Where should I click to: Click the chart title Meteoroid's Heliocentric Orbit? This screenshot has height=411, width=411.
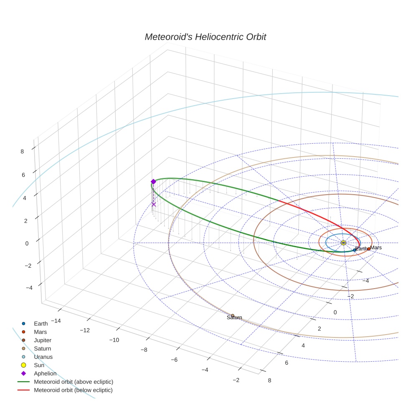click(205, 37)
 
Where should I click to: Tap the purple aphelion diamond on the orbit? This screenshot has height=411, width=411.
click(153, 182)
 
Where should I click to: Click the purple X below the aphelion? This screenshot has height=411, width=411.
click(153, 204)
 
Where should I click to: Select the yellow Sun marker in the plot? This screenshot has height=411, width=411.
click(343, 243)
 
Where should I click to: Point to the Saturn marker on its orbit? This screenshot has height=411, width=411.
click(233, 316)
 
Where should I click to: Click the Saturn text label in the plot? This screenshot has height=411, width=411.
click(234, 318)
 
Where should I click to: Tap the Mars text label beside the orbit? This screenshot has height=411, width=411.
click(376, 248)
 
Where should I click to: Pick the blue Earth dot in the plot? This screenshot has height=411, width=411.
click(355, 250)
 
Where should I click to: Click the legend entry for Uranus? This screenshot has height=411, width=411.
click(43, 357)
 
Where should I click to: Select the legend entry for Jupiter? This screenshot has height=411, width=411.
click(43, 340)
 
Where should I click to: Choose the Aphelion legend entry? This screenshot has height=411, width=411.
click(45, 373)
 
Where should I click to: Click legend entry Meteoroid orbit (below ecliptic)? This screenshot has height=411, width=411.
click(73, 390)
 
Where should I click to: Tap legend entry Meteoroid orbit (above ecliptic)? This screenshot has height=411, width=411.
click(74, 382)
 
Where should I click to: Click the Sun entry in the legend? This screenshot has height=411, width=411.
click(39, 365)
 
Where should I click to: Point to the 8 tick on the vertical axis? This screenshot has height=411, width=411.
click(22, 152)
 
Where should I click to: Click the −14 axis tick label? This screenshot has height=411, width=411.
click(56, 321)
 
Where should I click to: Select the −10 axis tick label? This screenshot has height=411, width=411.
click(114, 340)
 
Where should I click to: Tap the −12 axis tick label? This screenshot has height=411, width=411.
click(85, 330)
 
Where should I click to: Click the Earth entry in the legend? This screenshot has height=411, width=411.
click(41, 323)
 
